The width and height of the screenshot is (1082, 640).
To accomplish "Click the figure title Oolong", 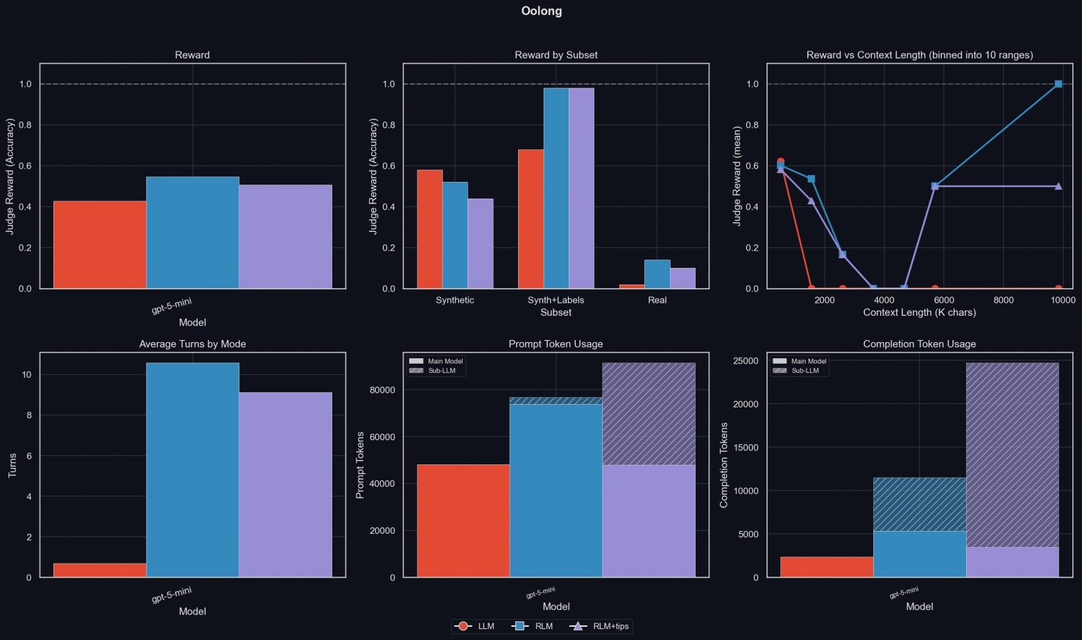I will (542, 11).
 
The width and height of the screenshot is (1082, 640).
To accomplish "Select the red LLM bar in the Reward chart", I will (100, 244).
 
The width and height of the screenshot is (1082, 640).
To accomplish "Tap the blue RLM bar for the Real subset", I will (657, 274).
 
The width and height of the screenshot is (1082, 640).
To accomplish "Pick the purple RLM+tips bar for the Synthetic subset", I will (480, 244).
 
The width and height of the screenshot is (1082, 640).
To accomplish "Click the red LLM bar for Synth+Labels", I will (531, 219).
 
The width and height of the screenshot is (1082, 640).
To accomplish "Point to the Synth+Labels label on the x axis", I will (556, 301).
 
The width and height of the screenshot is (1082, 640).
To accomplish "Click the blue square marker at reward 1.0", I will (1058, 84).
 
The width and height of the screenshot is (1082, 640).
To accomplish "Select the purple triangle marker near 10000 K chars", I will (1058, 186).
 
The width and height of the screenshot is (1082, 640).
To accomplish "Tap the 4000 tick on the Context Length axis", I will (884, 301).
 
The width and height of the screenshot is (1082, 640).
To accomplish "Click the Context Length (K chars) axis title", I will (919, 312).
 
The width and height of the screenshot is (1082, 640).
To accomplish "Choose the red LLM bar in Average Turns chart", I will (100, 570).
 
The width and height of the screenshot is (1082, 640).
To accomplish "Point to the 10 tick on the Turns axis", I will (27, 375).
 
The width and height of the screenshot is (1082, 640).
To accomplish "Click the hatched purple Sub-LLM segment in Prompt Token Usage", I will (649, 414).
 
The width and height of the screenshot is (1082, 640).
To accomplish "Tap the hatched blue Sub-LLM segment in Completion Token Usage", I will (919, 505).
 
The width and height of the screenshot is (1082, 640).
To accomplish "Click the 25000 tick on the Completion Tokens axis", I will (746, 361).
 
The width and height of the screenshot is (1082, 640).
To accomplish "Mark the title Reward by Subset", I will (556, 55).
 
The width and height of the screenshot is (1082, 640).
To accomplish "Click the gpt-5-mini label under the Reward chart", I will (171, 305).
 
